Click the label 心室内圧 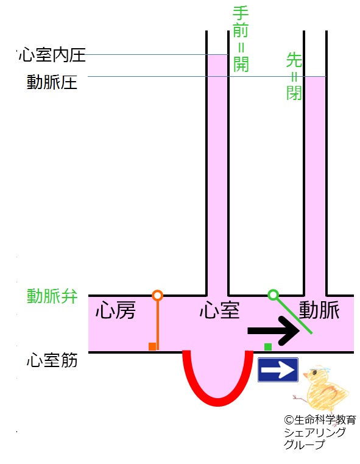(52, 55)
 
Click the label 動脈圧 (52, 82)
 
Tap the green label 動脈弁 (52, 296)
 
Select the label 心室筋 (52, 360)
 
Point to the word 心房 (116, 310)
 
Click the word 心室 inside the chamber (220, 310)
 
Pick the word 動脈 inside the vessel (319, 310)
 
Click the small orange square (152, 346)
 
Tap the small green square (268, 346)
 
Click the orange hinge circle (158, 295)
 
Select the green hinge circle (273, 294)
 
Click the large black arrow (274, 330)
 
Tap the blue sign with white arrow (278, 370)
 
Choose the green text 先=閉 (294, 77)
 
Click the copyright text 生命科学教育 (320, 419)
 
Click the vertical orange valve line (158, 325)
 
